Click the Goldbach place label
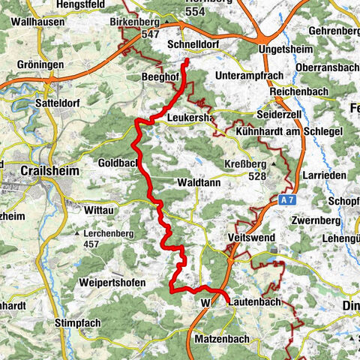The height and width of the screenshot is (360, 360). (118, 161)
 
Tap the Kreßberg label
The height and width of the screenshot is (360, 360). (244, 165)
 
